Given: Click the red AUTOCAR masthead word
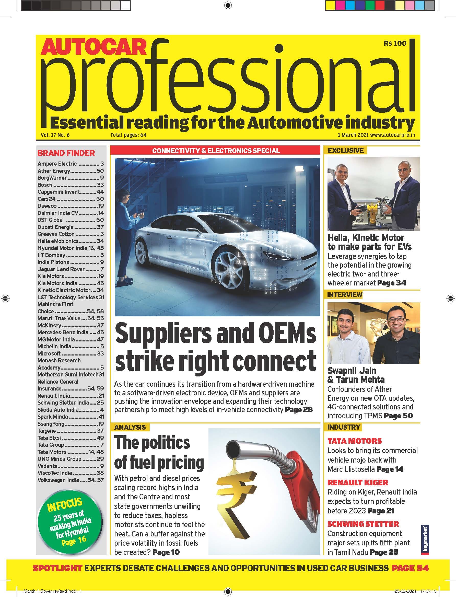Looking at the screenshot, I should coord(94,48).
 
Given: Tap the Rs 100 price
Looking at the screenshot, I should coord(395,43).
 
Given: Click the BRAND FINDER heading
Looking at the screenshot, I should coord(66,153).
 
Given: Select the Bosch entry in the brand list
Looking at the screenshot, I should coord(45,185).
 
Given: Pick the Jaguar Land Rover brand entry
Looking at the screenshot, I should coord(61,269).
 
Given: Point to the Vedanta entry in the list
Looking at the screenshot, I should coord(48,466).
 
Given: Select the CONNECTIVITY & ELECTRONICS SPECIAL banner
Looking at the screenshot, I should coord(216,151).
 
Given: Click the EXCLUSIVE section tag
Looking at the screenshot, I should coord(346,151).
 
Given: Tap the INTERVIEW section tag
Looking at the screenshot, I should coord(345,295).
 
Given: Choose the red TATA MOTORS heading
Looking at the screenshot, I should coord(355,441).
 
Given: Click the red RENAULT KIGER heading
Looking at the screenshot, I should coord(358,483).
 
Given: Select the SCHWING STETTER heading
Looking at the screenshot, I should coord(363,524).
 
